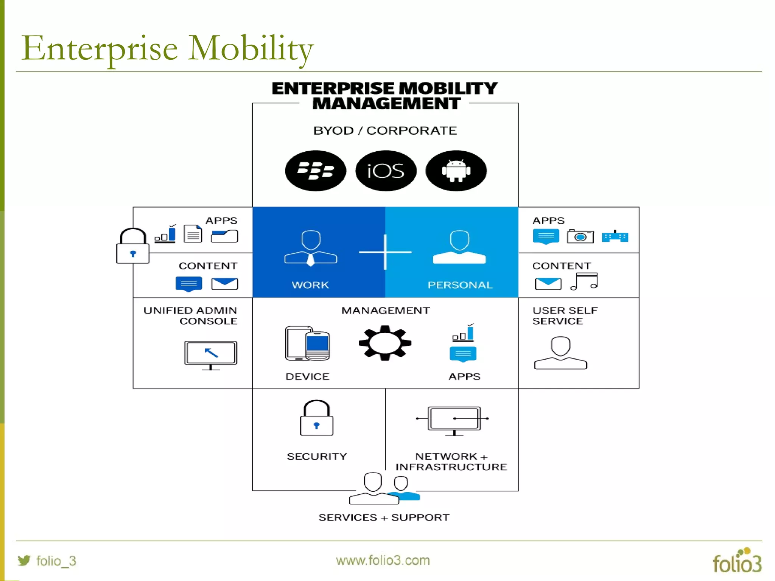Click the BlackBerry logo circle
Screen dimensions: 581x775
click(315, 171)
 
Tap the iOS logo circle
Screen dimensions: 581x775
click(386, 171)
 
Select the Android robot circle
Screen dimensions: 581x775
click(456, 171)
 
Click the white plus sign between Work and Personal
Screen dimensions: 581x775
click(385, 252)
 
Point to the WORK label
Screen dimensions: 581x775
click(310, 285)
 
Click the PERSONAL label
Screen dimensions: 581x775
click(460, 285)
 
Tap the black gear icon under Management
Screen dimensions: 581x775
click(385, 343)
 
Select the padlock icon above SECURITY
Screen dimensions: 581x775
click(317, 418)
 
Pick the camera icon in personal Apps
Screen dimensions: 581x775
click(580, 236)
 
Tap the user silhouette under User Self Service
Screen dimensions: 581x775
click(560, 353)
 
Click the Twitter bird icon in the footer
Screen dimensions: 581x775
click(24, 560)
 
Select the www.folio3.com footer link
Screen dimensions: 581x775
click(383, 560)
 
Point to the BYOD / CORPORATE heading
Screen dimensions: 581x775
click(385, 130)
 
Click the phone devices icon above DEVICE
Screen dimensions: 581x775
click(307, 343)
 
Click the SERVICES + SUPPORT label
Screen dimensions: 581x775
click(384, 517)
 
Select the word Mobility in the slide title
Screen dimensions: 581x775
click(251, 48)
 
